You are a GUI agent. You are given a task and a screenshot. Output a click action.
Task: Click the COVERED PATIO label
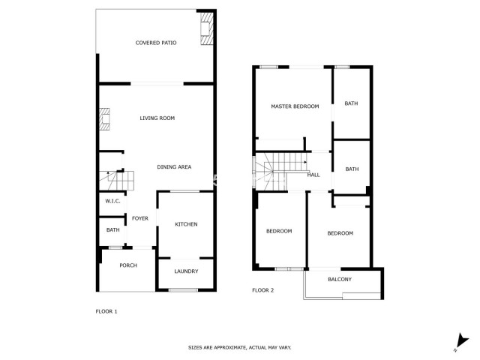[156, 43]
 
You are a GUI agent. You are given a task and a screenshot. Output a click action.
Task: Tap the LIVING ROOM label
[157, 118]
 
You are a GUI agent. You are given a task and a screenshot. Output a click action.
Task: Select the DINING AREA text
[174, 166]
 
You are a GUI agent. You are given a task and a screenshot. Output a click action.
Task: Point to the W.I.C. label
[112, 201]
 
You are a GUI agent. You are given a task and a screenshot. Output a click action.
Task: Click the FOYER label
[140, 219]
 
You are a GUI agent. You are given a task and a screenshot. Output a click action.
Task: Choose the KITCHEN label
[186, 225]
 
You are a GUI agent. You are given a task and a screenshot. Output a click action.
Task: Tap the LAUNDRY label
[186, 271]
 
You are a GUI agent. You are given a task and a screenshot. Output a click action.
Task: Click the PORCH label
[128, 265]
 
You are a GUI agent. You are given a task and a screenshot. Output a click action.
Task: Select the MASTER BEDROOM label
[295, 106]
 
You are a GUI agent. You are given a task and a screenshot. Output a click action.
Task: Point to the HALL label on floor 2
[313, 175]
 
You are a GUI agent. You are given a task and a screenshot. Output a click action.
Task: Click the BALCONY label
[340, 280]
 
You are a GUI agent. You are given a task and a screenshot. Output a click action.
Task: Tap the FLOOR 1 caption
[106, 310]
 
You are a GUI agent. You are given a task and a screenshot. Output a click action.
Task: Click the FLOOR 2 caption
[262, 289]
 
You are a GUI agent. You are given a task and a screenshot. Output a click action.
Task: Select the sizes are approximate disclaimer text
[239, 347]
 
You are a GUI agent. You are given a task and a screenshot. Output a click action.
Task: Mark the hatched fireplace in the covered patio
[205, 30]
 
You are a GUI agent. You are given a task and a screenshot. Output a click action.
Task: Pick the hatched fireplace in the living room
[104, 120]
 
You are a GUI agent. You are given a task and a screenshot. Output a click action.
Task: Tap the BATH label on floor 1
[112, 230]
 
